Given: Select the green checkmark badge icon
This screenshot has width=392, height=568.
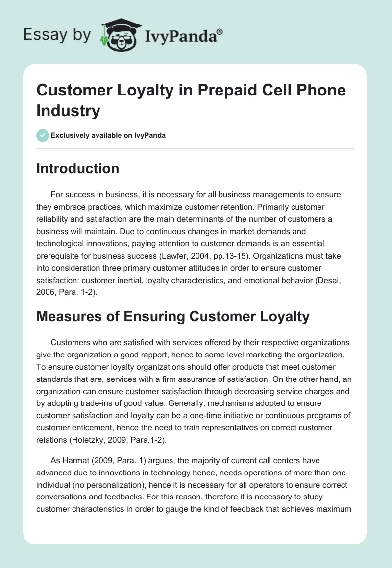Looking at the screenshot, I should pyautogui.click(x=43, y=135).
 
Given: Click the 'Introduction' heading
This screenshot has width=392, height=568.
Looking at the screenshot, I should pyautogui.click(x=78, y=168).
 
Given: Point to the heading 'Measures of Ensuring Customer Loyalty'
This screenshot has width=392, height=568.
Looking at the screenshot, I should pyautogui.click(x=173, y=316).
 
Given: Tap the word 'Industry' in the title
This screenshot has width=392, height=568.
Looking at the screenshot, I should pyautogui.click(x=68, y=111).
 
